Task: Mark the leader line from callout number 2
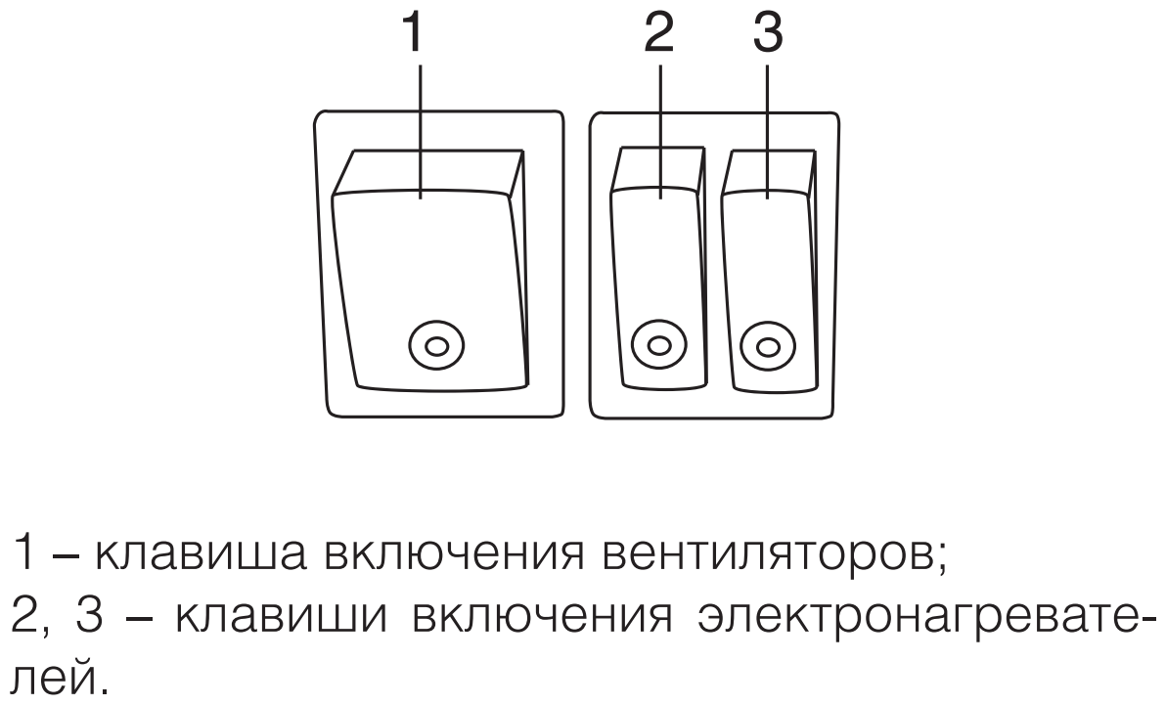[661, 127]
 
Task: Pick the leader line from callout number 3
[768, 127]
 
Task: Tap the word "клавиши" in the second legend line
[247, 619]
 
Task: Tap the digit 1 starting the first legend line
[19, 557]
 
